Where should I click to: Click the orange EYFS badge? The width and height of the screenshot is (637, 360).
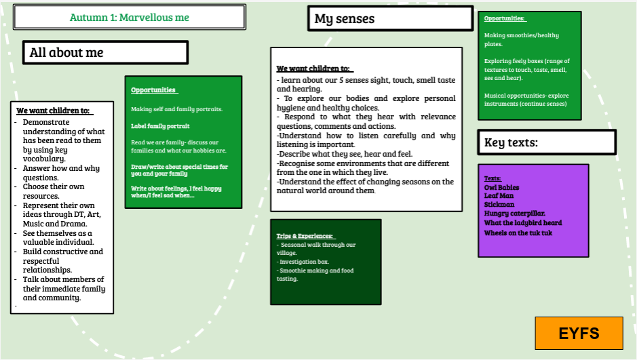[x=579, y=333]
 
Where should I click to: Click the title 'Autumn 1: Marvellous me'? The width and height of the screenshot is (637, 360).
[x=129, y=18]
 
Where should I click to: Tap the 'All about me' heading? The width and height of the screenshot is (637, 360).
[x=66, y=52]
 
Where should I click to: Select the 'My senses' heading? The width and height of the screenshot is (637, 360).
[x=345, y=19]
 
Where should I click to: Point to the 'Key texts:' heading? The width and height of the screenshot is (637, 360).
[x=511, y=142]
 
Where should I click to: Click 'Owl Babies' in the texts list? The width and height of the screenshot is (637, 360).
[x=501, y=188]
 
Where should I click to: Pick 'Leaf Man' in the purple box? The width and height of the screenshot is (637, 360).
[x=499, y=196]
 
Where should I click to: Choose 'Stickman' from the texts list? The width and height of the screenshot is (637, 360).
[x=499, y=205]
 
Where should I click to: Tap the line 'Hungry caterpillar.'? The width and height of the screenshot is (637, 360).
[x=515, y=214]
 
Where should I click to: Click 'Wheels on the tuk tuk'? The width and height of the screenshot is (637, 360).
[x=518, y=233]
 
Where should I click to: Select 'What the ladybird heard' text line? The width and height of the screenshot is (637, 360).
[x=523, y=223]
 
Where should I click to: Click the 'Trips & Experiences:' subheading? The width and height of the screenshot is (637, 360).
[x=305, y=236]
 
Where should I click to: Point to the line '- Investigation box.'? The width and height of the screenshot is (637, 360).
[x=303, y=262]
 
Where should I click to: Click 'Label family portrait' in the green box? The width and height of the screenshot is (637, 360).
[x=160, y=126]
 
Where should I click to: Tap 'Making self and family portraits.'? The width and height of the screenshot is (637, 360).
[x=177, y=109]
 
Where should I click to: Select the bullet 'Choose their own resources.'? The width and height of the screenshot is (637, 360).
[x=53, y=191]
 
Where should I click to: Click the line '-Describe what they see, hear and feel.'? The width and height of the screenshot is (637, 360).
[x=345, y=154]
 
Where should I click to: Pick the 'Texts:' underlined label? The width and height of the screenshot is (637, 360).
[x=492, y=178]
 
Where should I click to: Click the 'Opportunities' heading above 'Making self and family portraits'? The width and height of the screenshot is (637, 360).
[x=153, y=90]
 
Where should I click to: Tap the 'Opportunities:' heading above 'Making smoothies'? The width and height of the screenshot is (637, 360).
[x=504, y=19]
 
